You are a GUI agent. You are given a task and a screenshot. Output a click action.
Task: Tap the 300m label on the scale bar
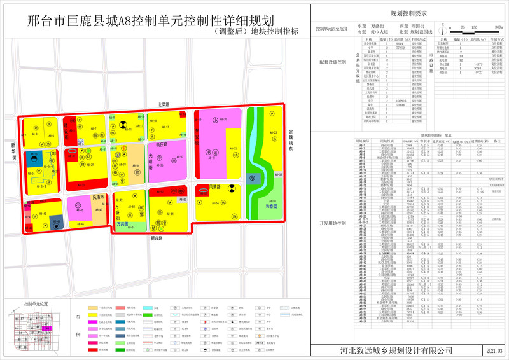click(497, 29)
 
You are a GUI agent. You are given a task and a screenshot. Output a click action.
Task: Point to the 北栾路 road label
click(167, 104)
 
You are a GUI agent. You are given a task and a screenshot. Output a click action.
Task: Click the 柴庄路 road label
click(160, 144)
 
